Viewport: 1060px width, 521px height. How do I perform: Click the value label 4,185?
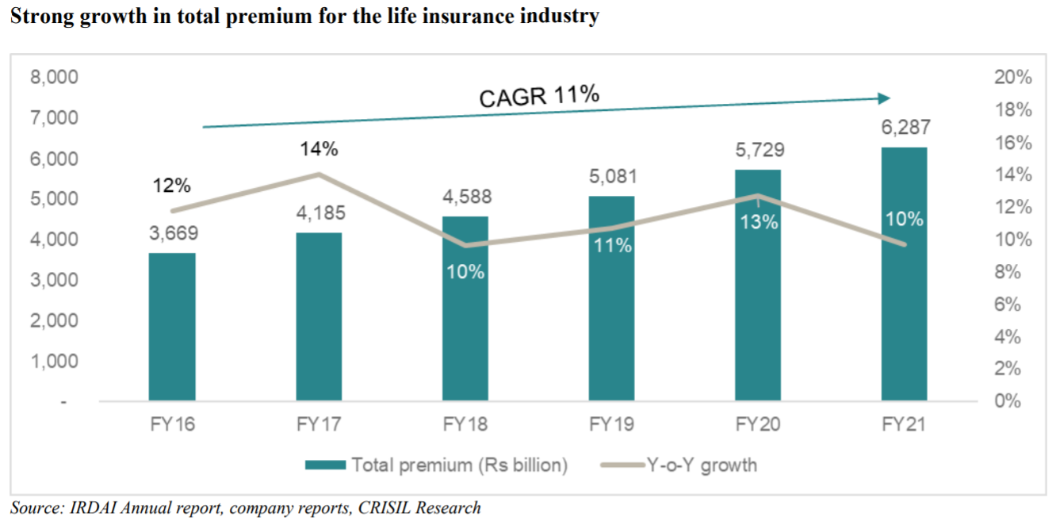[x=318, y=213]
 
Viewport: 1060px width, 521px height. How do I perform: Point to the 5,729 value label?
[x=757, y=150]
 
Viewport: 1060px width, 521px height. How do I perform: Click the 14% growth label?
[x=318, y=149]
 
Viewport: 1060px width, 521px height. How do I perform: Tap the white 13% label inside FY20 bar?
[x=759, y=222]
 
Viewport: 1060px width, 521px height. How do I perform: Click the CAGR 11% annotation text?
[x=539, y=96]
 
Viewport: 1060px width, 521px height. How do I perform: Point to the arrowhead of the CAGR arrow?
[x=884, y=98]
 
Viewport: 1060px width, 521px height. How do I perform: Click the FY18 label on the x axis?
[x=465, y=424]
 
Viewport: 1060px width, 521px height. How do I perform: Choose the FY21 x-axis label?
[x=904, y=424]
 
